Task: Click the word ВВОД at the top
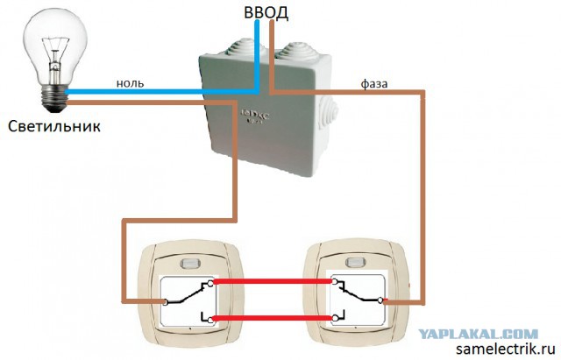[x=266, y=12]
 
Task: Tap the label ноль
[x=131, y=83]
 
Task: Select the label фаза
[x=374, y=84]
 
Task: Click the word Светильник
[x=54, y=126]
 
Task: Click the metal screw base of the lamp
[x=54, y=98]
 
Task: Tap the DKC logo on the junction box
[x=255, y=116]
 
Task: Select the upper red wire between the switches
[x=273, y=281]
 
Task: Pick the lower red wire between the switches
[x=273, y=318]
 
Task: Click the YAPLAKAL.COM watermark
[x=479, y=335]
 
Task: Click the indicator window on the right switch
[x=354, y=262]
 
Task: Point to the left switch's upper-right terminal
[x=210, y=282]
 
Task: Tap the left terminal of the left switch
[x=165, y=302]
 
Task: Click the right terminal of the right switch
[x=380, y=300]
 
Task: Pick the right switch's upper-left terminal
[x=334, y=282]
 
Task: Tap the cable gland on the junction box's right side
[x=329, y=109]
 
